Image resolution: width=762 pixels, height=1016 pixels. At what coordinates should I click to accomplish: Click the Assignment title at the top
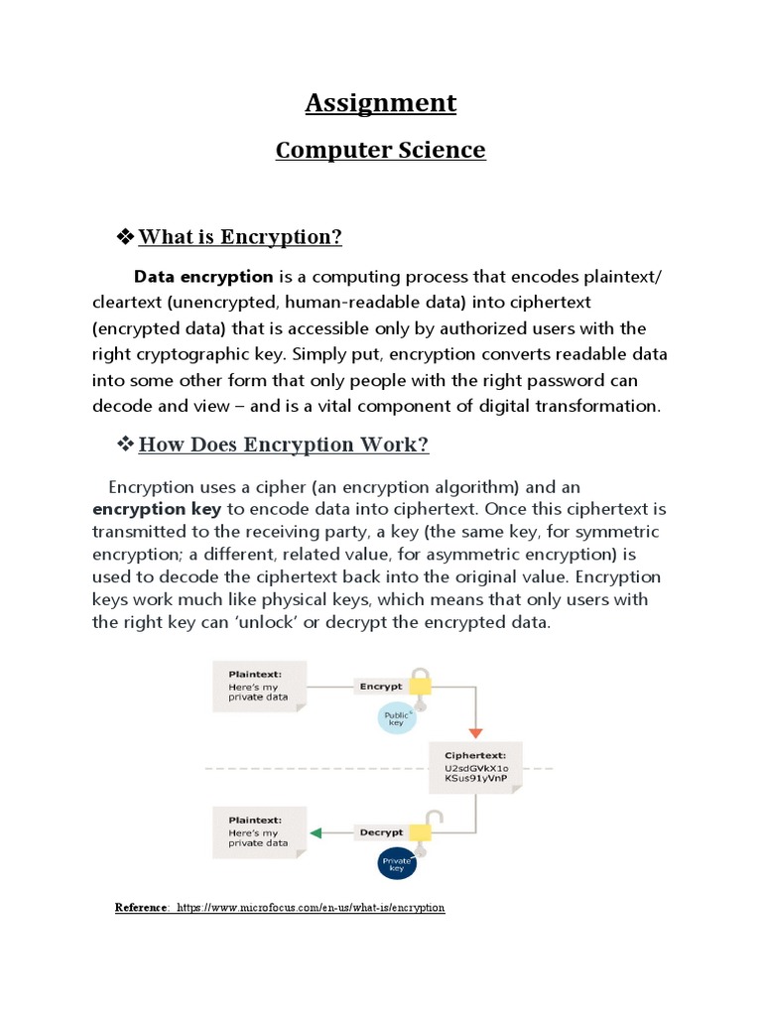(x=380, y=103)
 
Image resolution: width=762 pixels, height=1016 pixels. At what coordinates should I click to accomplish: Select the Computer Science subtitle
(x=380, y=151)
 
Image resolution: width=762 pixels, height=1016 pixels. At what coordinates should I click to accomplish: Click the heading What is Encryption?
(x=240, y=237)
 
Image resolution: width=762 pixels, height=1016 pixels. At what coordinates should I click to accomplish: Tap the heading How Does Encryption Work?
(x=284, y=444)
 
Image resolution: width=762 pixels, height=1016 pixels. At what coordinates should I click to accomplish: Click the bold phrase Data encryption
(x=203, y=277)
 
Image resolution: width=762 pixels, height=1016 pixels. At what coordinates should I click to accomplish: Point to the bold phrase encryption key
(x=157, y=509)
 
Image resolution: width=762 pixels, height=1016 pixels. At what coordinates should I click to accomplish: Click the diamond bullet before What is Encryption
(x=125, y=236)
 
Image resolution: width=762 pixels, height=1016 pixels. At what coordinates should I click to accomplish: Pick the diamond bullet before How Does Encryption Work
(x=125, y=444)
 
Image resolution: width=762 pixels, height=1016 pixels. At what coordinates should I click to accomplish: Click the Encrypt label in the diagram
(x=381, y=686)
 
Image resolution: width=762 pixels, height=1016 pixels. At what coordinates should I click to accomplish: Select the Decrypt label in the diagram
(x=381, y=832)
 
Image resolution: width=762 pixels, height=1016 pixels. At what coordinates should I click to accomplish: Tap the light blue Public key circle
(x=396, y=718)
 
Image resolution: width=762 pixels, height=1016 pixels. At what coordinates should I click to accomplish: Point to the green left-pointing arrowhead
(x=316, y=832)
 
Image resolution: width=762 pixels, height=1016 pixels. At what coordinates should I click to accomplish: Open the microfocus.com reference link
(x=311, y=908)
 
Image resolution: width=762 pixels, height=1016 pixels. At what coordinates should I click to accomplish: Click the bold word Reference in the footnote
(x=142, y=908)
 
